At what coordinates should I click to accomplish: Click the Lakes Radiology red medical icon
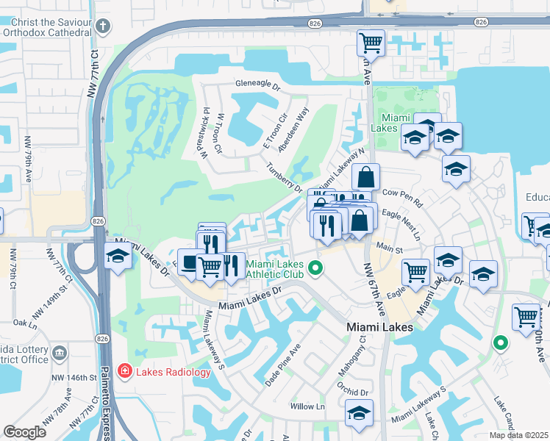[125, 371]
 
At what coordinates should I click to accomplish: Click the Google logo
[26, 431]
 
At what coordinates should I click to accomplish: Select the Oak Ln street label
[24, 323]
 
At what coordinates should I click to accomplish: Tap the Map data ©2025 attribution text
[519, 434]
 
